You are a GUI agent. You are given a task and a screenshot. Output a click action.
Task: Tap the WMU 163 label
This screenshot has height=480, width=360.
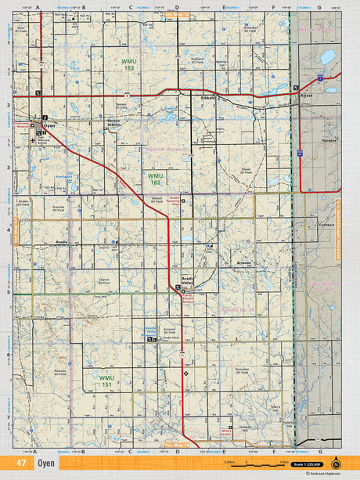(x=128, y=64)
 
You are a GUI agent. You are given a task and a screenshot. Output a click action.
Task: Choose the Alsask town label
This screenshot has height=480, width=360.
(x=307, y=96)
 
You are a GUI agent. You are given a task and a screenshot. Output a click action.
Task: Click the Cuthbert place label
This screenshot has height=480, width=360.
(x=327, y=226)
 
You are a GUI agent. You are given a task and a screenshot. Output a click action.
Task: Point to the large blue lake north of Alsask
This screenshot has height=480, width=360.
(x=327, y=57)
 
